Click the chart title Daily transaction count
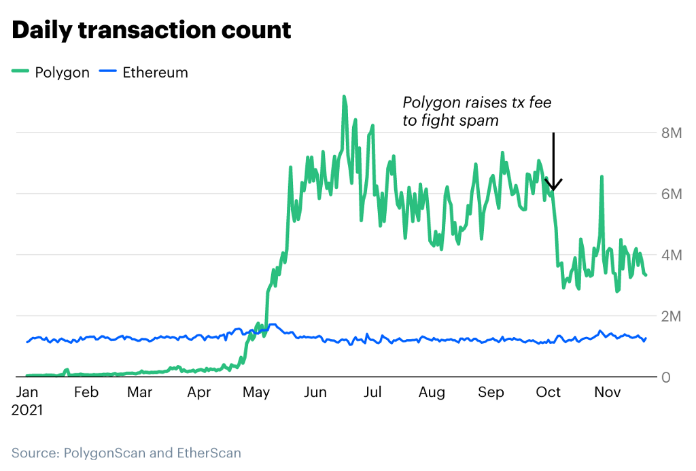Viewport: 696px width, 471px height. pos(151,31)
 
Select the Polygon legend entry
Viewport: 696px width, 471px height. pos(51,72)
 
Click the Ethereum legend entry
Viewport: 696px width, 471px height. pos(144,72)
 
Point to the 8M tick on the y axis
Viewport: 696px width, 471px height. pos(671,133)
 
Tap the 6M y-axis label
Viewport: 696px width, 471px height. pos(671,194)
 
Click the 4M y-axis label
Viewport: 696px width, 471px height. pos(671,255)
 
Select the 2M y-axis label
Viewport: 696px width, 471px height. pos(671,316)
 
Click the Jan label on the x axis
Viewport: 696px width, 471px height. pos(27,392)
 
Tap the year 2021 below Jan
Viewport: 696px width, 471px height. pos(27,411)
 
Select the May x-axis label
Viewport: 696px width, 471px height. pos(257,392)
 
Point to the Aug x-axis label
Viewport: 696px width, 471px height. pos(432,392)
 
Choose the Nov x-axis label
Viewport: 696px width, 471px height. pos(608,392)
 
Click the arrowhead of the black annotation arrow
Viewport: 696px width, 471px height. pos(554,188)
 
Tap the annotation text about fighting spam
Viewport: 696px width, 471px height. pos(476,111)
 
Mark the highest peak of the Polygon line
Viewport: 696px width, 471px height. pos(344,97)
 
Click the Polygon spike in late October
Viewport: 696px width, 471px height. pos(602,177)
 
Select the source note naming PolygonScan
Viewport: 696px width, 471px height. pos(126,453)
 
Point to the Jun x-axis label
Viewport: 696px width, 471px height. pos(315,392)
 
